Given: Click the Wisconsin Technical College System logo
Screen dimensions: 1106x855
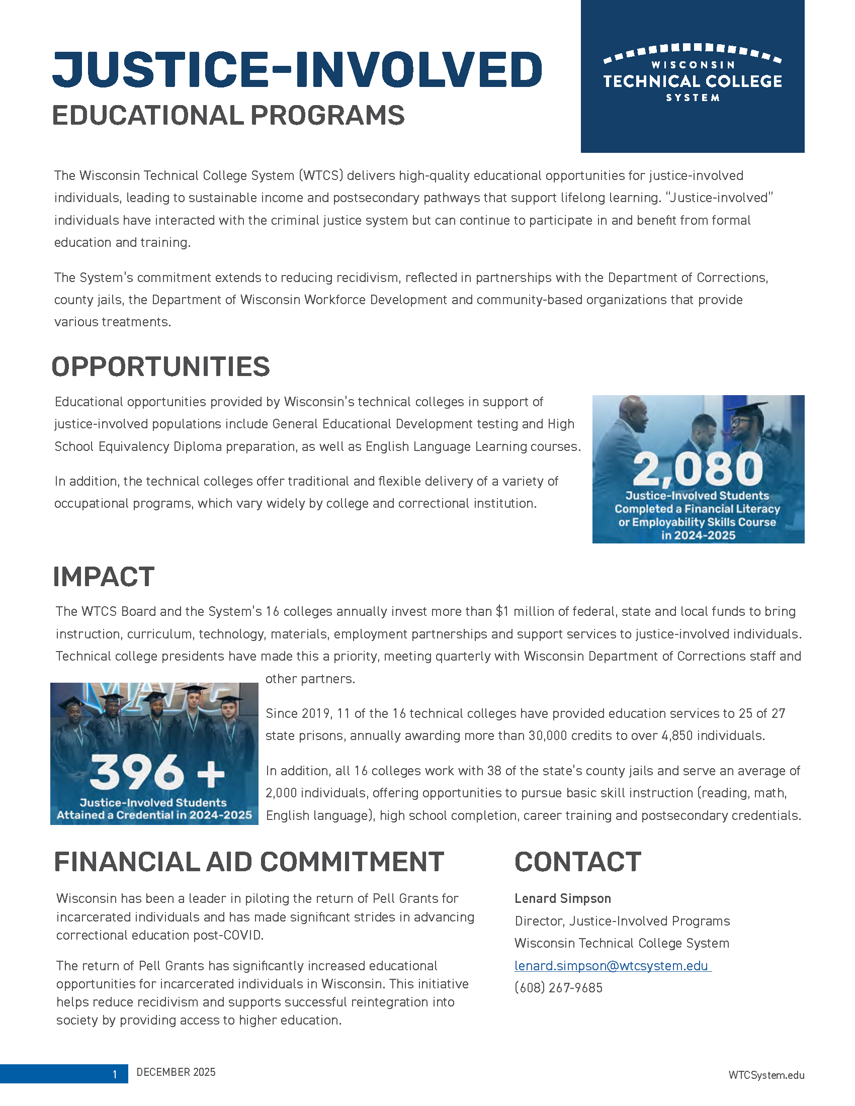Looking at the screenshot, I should (x=692, y=73).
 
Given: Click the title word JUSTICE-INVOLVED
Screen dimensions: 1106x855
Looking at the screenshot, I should (x=297, y=69).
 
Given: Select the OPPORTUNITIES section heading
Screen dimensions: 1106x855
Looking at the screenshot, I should (x=160, y=366).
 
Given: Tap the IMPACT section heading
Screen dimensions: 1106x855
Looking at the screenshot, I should (x=103, y=576).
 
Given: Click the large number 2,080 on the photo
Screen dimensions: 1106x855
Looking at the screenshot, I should (x=698, y=469).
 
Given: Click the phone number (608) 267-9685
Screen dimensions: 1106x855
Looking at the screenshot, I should (x=558, y=987).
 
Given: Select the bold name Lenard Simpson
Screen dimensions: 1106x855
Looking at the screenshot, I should (x=562, y=898).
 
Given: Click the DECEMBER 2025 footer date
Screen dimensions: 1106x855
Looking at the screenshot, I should (x=176, y=1072).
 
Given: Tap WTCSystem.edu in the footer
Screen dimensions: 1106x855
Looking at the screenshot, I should (x=766, y=1075).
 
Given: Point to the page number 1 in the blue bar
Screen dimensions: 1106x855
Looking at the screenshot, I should (x=115, y=1074).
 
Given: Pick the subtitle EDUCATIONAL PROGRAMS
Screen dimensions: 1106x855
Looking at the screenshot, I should (x=228, y=115).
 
